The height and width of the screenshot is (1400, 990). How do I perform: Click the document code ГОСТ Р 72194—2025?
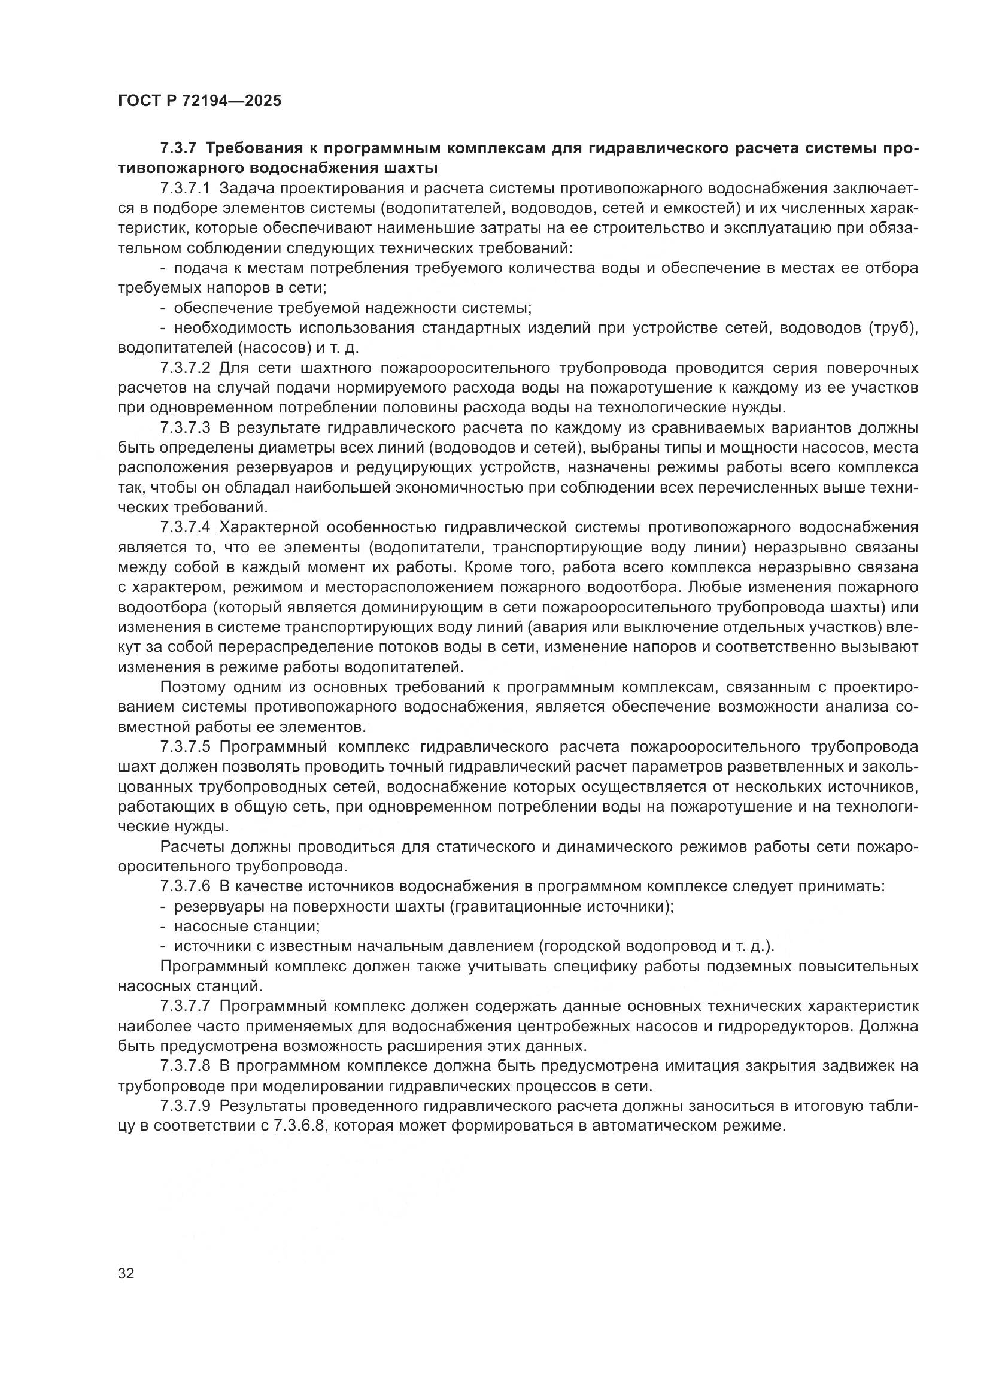(199, 101)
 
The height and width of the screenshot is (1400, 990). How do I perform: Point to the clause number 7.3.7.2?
(185, 368)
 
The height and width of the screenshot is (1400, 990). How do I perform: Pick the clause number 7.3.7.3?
(185, 427)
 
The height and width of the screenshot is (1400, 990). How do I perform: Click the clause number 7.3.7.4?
(185, 527)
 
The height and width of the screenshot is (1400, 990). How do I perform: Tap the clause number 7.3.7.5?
(185, 747)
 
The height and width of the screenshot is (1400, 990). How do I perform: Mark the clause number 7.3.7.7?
(185, 1006)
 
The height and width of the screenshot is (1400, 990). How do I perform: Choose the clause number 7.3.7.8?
(185, 1065)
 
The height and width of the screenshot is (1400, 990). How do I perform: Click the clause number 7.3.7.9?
(185, 1106)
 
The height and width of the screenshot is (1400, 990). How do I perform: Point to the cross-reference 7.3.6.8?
(297, 1126)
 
